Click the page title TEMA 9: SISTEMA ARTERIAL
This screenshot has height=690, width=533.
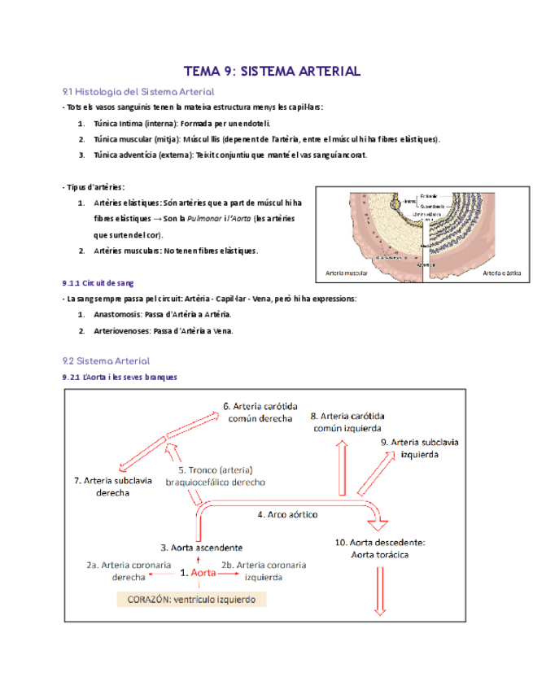(x=272, y=72)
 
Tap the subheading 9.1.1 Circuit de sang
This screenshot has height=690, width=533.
(x=98, y=283)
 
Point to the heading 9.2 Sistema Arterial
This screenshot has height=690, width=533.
(x=106, y=360)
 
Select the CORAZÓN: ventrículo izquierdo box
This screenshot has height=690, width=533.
(x=191, y=599)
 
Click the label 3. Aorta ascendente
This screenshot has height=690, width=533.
(x=201, y=547)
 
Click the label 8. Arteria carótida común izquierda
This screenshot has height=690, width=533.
(x=348, y=421)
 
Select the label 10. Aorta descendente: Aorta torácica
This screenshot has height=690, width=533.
(x=380, y=548)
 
